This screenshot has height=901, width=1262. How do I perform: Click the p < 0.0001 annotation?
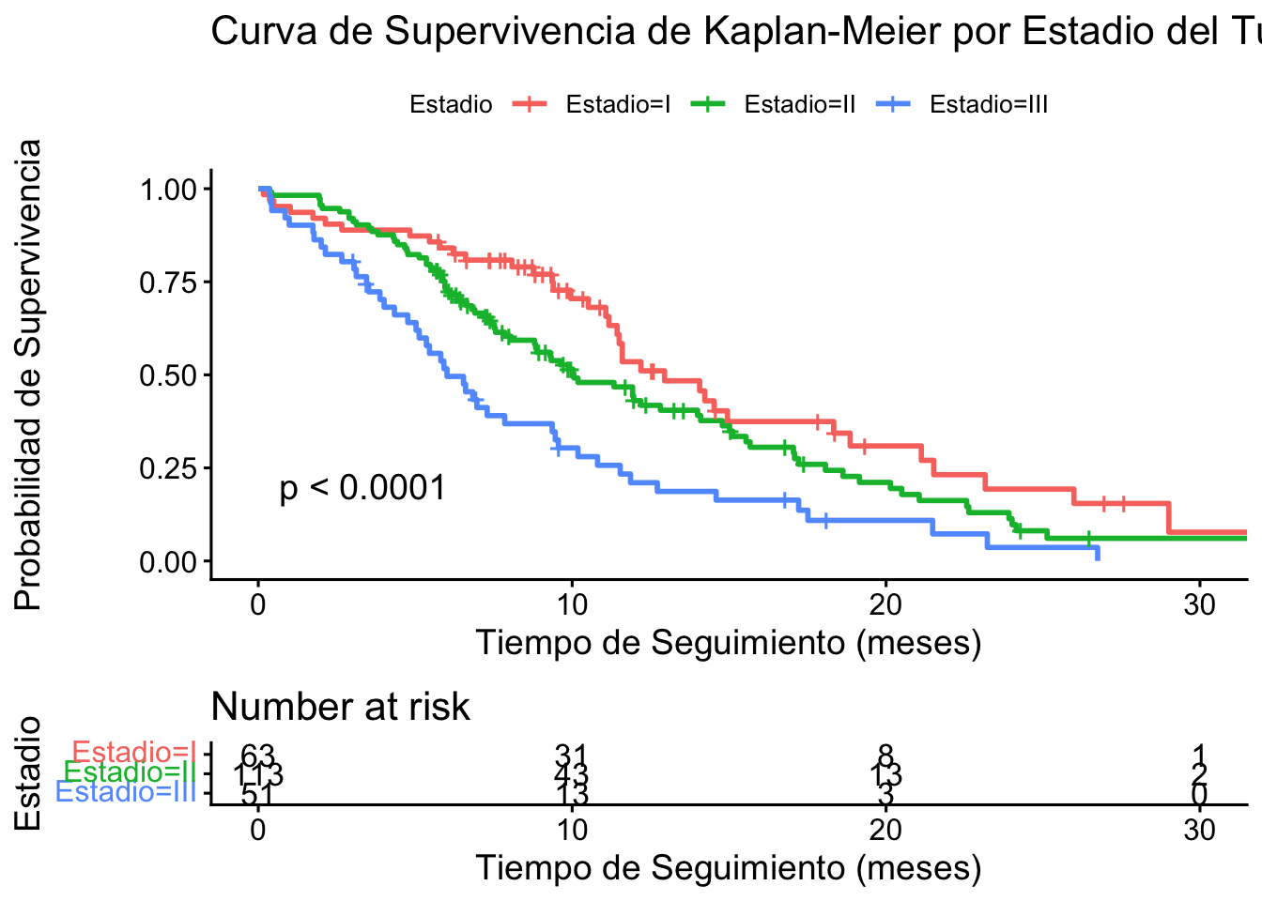pos(362,488)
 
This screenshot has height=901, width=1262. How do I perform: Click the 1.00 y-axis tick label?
pos(169,190)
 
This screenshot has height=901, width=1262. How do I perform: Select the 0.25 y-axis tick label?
pos(169,468)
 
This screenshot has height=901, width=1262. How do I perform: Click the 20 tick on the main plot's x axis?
pos(885,603)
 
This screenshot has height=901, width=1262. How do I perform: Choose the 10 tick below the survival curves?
pos(572,603)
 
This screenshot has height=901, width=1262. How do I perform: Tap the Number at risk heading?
pos(340,707)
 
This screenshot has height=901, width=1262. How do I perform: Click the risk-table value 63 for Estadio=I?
pos(257,755)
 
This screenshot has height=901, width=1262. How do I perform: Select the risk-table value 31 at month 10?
pos(571,755)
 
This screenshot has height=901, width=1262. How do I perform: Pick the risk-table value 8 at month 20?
pos(885,755)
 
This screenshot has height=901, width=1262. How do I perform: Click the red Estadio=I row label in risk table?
pos(133,752)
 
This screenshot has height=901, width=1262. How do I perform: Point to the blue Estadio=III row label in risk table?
pos(126,792)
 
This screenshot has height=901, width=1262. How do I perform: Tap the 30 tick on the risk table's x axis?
pos(1200,830)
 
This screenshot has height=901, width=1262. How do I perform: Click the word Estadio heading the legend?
pos(451,104)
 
